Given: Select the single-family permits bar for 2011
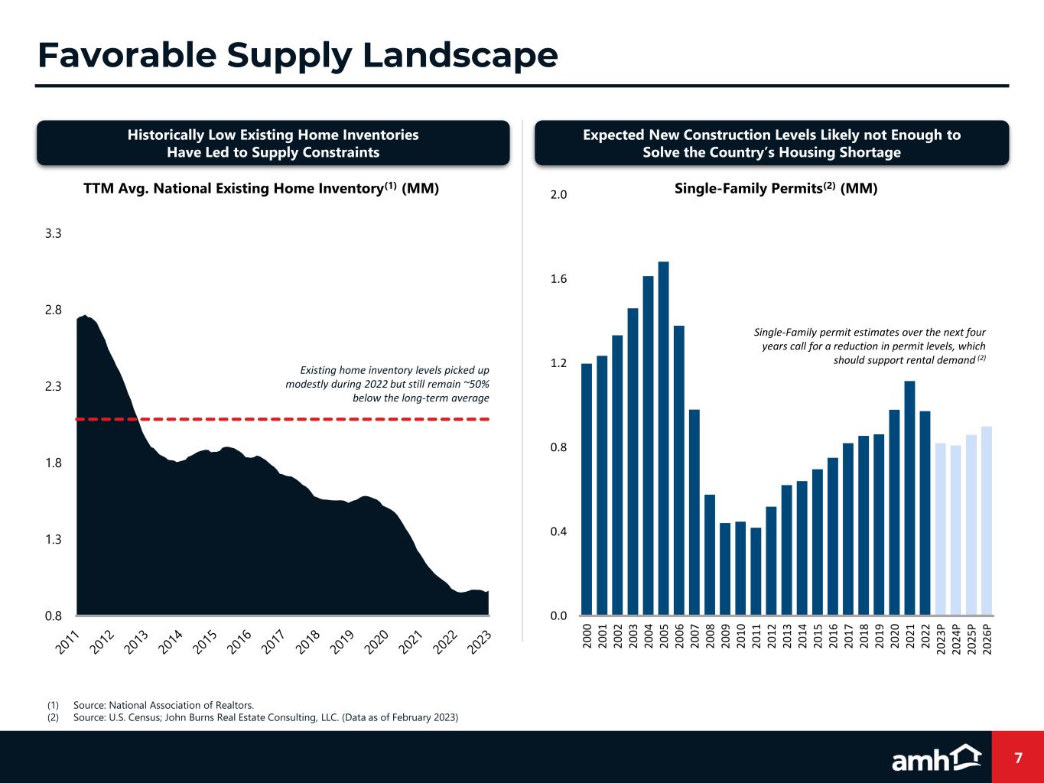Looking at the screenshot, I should click(x=756, y=571).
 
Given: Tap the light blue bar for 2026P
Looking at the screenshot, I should click(x=987, y=521).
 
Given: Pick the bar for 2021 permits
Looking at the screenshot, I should click(x=909, y=498).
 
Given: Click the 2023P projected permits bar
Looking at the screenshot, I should click(x=941, y=529).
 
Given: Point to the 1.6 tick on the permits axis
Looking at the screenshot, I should click(x=558, y=279).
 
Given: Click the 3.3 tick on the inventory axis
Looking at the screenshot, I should click(x=53, y=234).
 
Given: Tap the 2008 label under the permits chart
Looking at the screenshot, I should click(x=710, y=637).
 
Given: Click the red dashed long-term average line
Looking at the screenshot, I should click(x=306, y=419).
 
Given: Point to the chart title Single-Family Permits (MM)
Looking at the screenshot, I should click(x=776, y=188).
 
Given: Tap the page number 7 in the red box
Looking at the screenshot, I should click(x=1018, y=758).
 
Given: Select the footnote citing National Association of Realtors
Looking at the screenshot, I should click(x=163, y=705).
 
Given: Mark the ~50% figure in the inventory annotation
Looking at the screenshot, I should click(x=473, y=384).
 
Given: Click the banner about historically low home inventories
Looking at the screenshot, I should click(x=273, y=143).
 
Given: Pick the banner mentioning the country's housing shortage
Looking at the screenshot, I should click(x=771, y=143).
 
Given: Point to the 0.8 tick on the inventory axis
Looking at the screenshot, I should click(x=53, y=616).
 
